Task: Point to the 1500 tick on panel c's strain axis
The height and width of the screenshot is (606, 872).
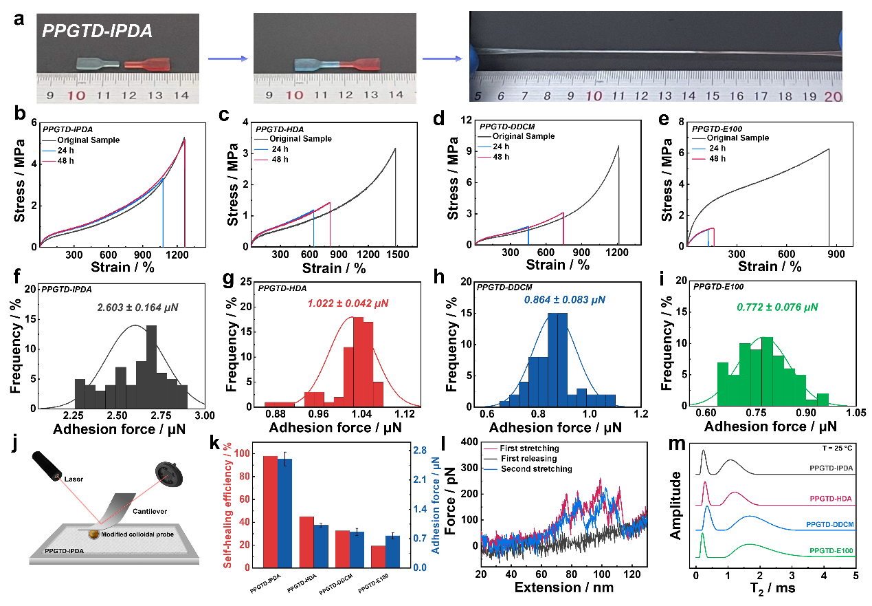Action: (x=396, y=253)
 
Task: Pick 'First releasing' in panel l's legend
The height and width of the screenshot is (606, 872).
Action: (x=530, y=459)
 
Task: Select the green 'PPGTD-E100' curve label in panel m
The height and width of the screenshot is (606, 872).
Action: (x=831, y=551)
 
